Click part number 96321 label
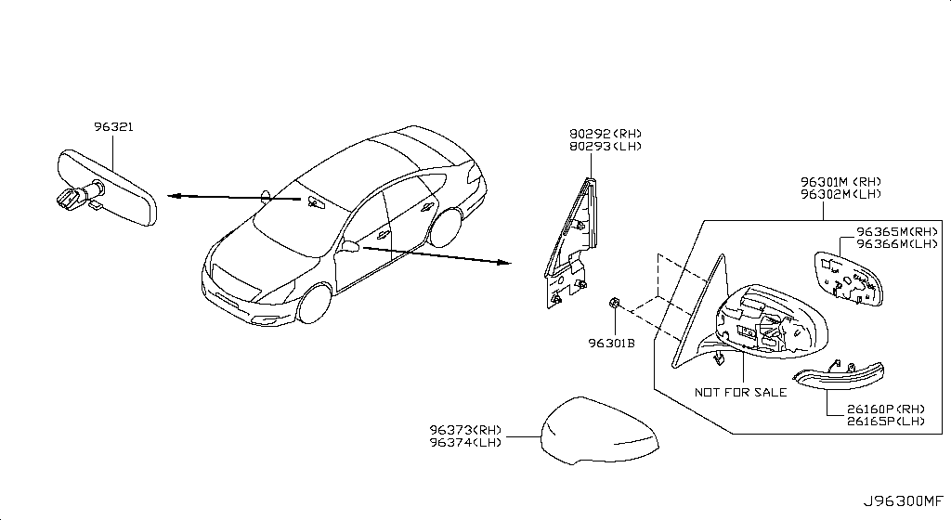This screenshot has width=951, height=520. pos(112,126)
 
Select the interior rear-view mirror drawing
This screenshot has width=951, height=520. pos(107,187)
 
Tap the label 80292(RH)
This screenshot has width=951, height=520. pos(605,134)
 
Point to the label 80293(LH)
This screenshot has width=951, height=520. pos(605,146)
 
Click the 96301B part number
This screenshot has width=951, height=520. pos(610,343)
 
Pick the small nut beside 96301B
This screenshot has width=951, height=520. pos(614,303)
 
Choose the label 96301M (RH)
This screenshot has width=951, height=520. pos(840,182)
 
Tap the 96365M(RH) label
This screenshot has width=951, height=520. pos(897,232)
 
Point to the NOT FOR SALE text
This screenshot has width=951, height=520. pos(740,392)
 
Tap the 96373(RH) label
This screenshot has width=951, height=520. pos(465,430)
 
